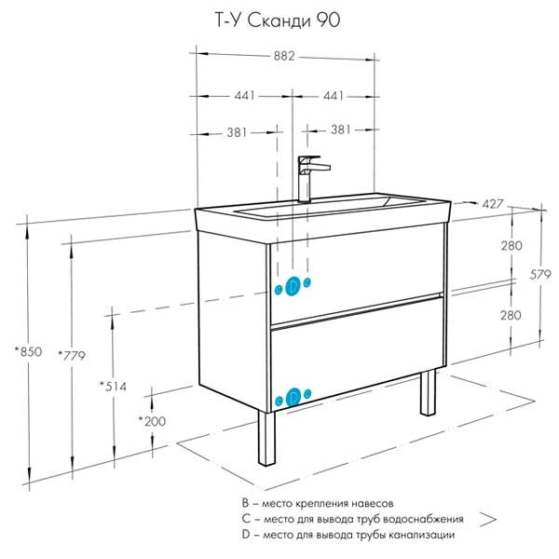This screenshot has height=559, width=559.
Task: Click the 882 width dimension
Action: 284,57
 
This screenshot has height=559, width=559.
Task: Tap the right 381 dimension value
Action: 342,131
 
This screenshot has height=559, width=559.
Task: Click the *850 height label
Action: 29,351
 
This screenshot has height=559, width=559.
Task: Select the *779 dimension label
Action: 73,354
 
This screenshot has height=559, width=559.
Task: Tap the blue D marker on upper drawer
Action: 293,286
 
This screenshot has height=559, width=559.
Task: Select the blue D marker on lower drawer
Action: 293,397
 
